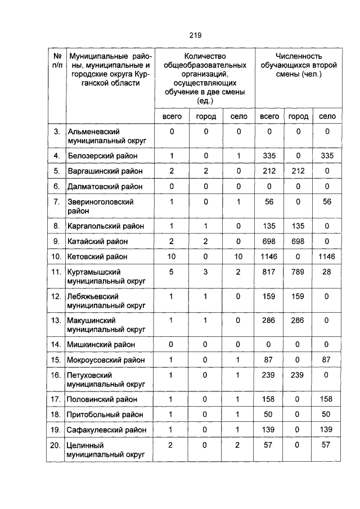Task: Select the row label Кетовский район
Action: pyautogui.click(x=98, y=256)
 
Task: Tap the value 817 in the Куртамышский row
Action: pyautogui.click(x=269, y=272)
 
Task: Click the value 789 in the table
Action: pyautogui.click(x=298, y=272)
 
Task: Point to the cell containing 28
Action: pyautogui.click(x=327, y=272)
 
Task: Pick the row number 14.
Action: pyautogui.click(x=56, y=344)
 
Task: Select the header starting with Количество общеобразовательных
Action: pyautogui.click(x=205, y=78)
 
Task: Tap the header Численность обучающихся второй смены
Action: pyautogui.click(x=298, y=65)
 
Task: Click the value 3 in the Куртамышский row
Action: pyautogui.click(x=205, y=272)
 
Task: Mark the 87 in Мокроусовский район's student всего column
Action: pyautogui.click(x=269, y=359)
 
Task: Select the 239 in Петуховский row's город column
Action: pyautogui.click(x=298, y=375)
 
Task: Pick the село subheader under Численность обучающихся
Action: pyautogui.click(x=327, y=116)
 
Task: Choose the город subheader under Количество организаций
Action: pyautogui.click(x=205, y=116)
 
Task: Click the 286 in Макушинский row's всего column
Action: pyautogui.click(x=269, y=320)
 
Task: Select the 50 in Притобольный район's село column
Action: pyautogui.click(x=327, y=415)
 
